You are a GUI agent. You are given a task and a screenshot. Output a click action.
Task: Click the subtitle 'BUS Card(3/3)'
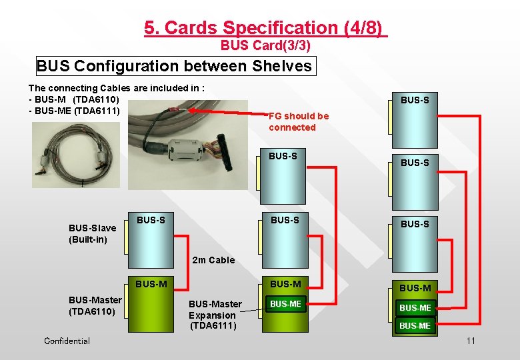click(265, 46)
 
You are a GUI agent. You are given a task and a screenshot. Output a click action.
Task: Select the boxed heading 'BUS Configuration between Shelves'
click(174, 66)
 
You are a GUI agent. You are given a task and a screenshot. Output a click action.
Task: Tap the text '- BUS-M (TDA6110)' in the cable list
click(74, 99)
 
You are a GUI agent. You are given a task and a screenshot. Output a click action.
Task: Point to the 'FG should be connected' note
click(298, 121)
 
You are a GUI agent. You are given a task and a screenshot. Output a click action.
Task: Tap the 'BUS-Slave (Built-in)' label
click(92, 233)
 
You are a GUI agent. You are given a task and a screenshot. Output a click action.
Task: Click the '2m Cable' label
click(213, 260)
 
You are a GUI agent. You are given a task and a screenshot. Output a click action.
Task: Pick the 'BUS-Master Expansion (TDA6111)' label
click(215, 315)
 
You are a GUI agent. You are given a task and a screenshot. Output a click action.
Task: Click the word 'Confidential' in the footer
click(67, 341)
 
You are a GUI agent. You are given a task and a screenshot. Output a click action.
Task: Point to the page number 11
click(471, 341)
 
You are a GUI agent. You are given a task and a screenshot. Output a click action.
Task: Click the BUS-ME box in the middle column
click(285, 304)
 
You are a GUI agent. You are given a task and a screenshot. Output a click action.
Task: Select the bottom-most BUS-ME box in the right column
click(414, 325)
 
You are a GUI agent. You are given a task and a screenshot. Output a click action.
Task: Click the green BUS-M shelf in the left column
click(151, 307)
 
